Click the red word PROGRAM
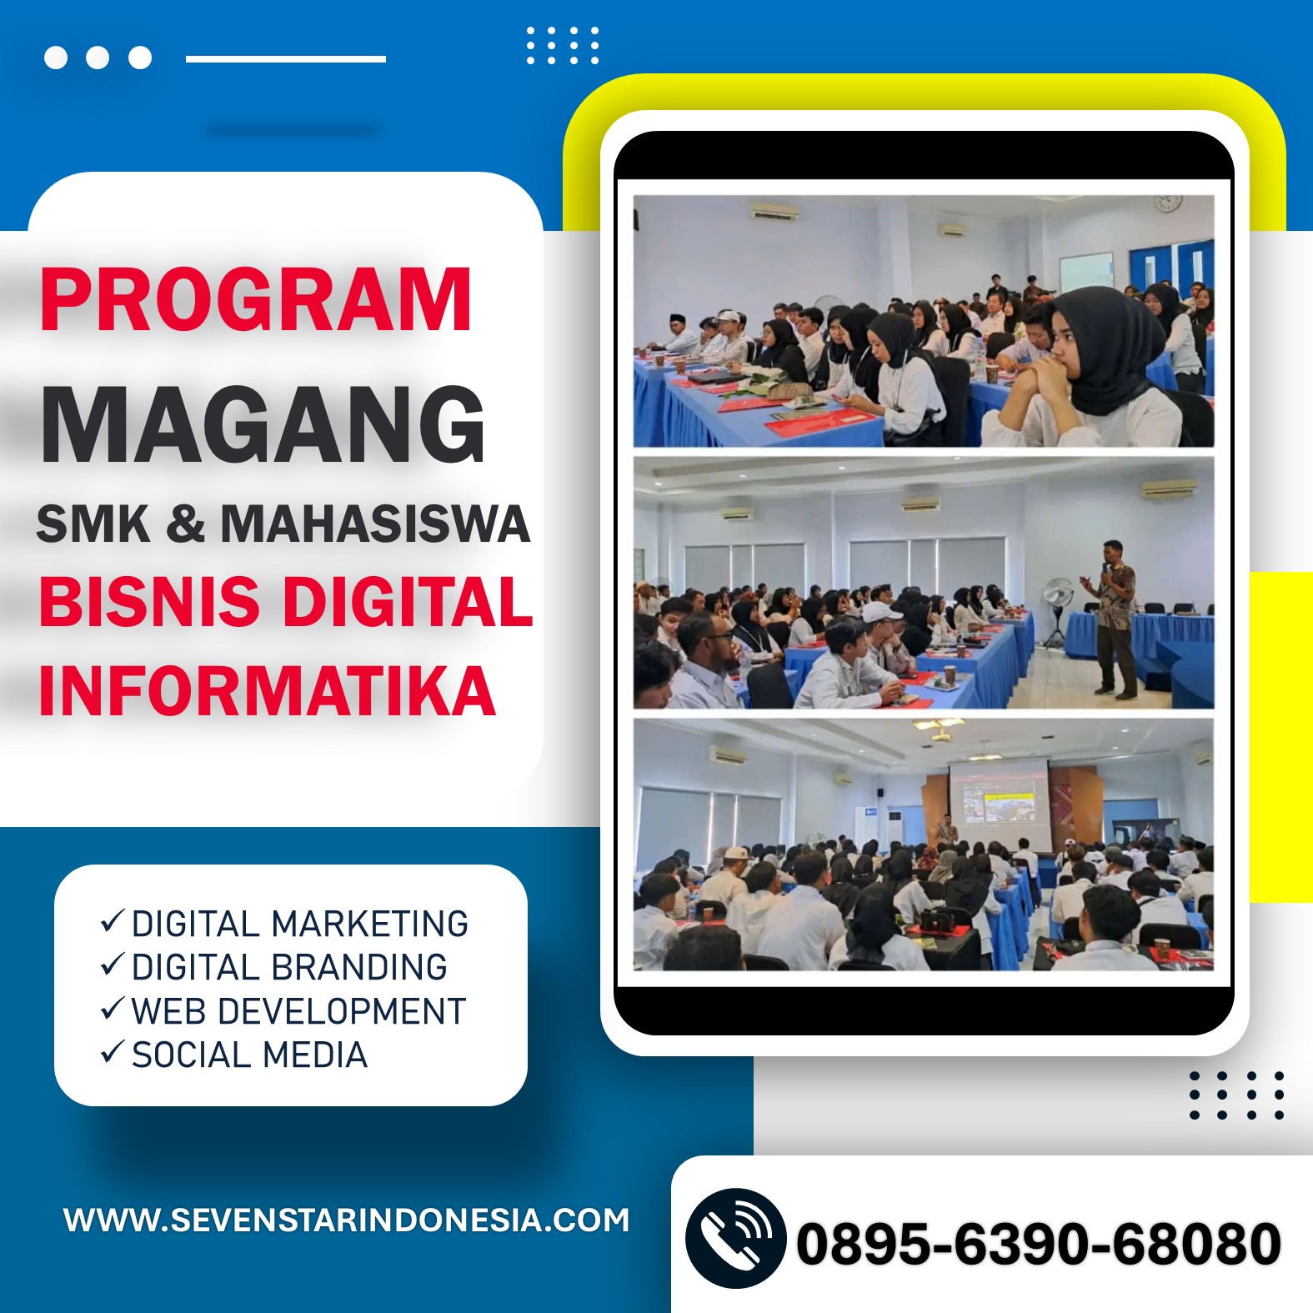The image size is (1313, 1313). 256,300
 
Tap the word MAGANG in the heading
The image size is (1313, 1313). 263,424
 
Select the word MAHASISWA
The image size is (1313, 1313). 375,524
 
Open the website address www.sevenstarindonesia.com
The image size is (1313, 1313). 347,1220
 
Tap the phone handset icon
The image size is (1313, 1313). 735,1239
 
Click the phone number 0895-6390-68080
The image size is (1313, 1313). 1039,1244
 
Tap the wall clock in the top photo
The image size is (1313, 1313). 1168,203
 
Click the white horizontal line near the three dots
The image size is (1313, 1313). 286,58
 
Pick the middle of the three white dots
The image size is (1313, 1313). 98,58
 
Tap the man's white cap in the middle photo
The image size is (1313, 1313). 881,612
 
